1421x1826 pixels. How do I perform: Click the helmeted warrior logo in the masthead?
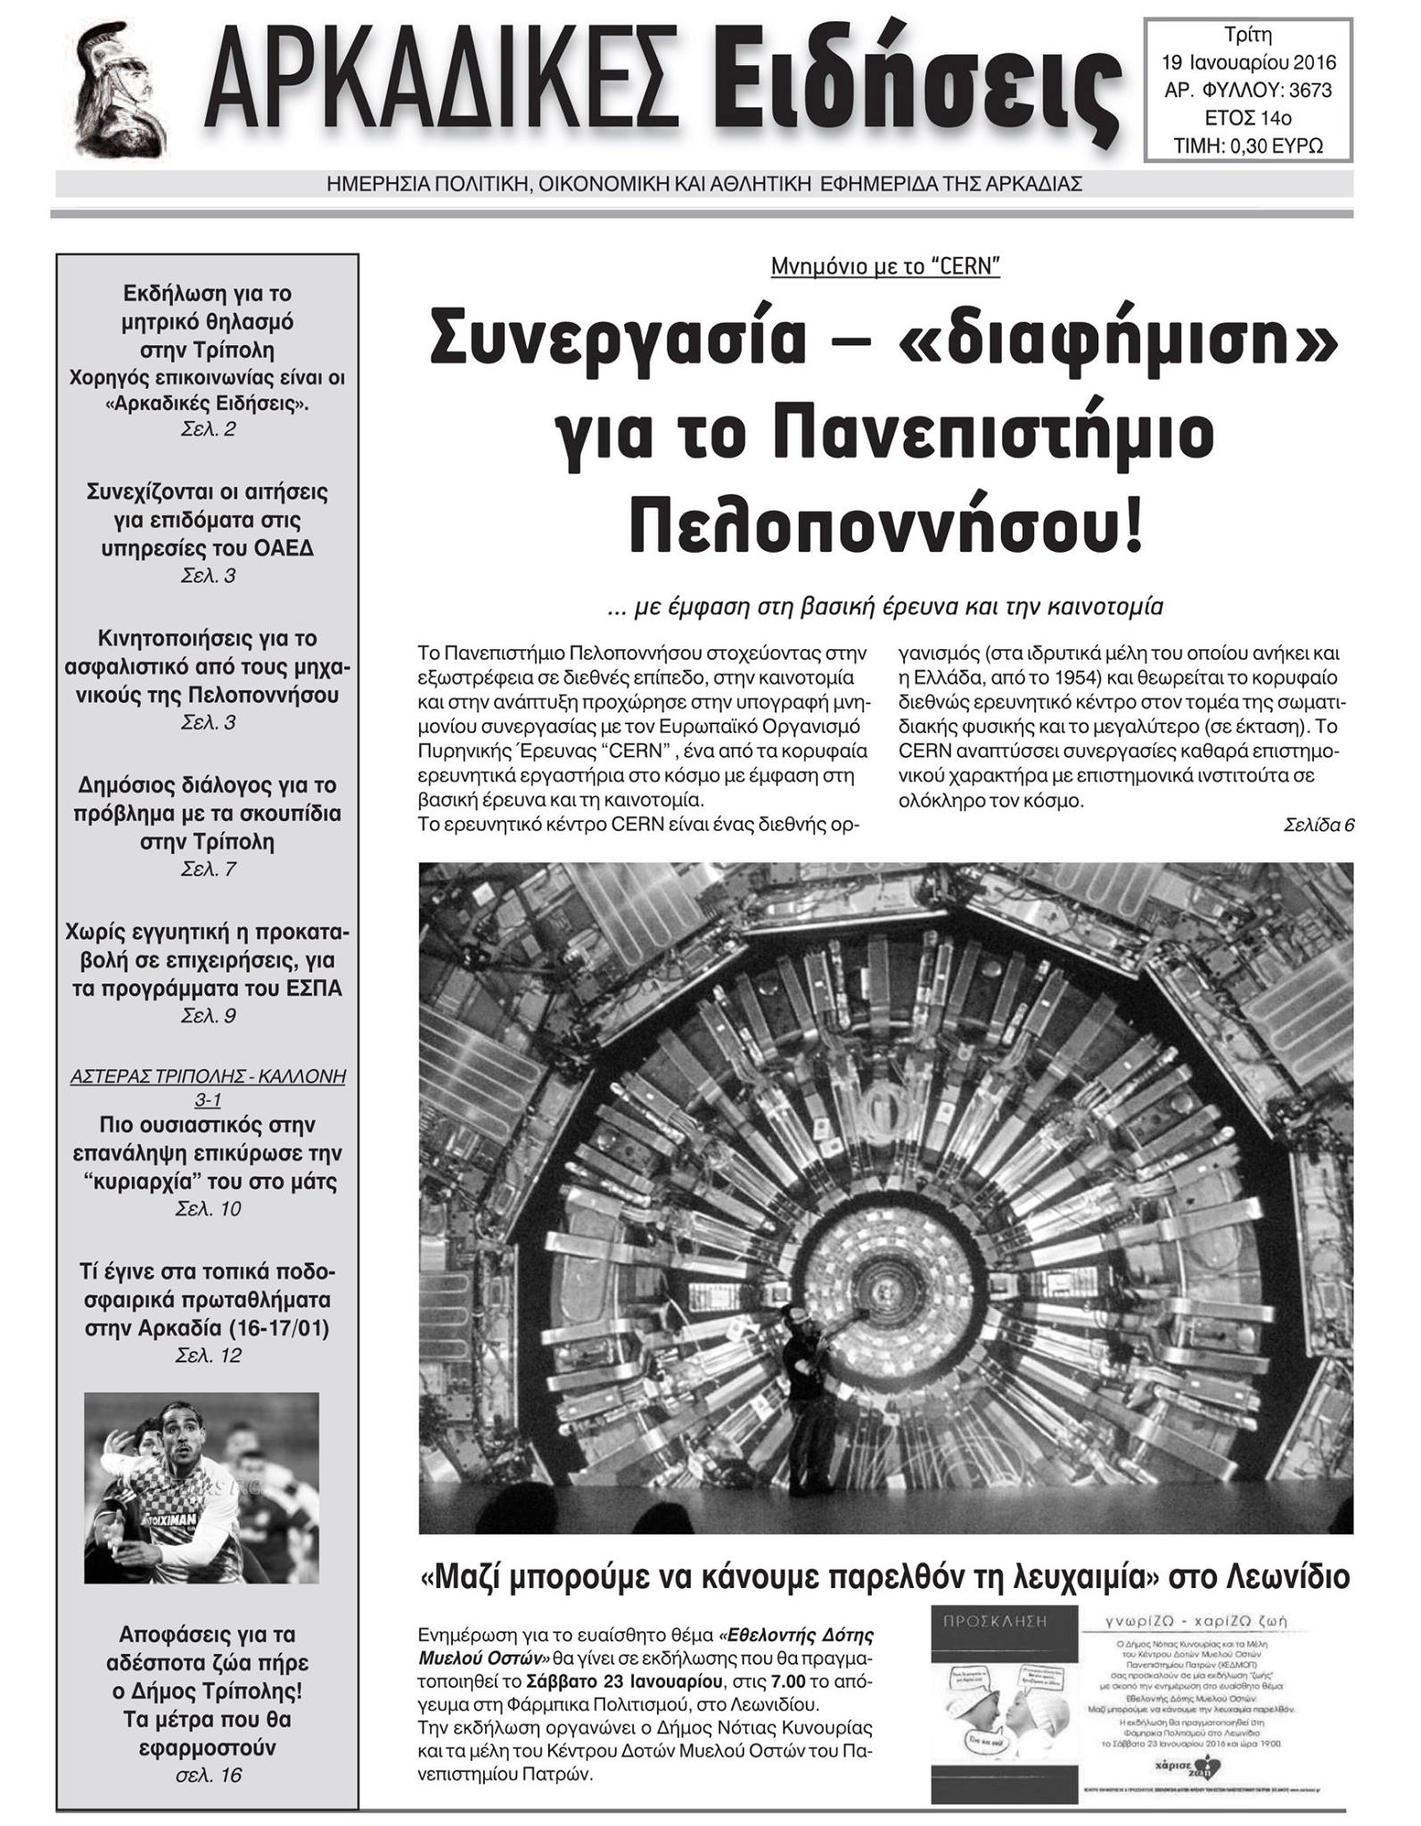coord(126,93)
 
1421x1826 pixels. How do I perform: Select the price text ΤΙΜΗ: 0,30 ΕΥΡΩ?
coord(1248,145)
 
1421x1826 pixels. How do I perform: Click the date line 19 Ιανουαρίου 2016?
coord(1248,63)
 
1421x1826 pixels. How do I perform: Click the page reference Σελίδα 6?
coord(1318,825)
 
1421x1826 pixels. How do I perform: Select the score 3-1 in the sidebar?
coord(208,1099)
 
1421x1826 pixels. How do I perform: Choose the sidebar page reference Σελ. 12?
coord(208,1356)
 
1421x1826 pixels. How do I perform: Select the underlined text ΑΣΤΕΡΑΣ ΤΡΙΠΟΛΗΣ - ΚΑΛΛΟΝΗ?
coord(208,1076)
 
